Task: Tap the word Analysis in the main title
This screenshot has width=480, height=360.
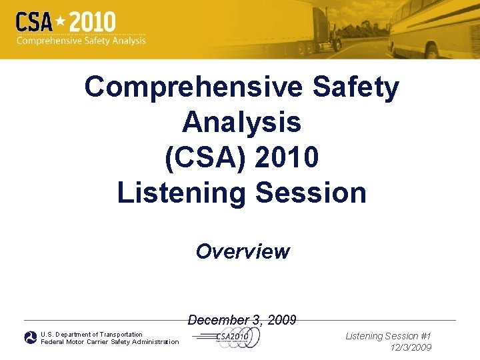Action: pyautogui.click(x=241, y=122)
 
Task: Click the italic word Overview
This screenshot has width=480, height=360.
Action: pyautogui.click(x=243, y=251)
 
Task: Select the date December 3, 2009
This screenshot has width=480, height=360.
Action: pyautogui.click(x=242, y=320)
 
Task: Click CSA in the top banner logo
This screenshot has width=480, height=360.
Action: pyautogui.click(x=35, y=23)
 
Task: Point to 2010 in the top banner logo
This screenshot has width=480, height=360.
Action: pyautogui.click(x=93, y=22)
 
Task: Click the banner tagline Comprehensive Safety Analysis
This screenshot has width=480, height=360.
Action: pyautogui.click(x=81, y=41)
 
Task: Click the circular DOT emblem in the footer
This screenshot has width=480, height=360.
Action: pyautogui.click(x=31, y=338)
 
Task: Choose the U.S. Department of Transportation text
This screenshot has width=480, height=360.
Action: pyautogui.click(x=91, y=334)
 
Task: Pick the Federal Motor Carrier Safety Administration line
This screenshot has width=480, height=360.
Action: pyautogui.click(x=109, y=342)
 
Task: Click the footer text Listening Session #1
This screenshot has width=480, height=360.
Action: pyautogui.click(x=388, y=337)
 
